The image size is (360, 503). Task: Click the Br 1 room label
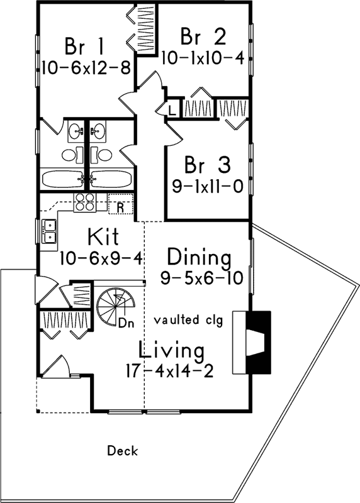coord(84,47)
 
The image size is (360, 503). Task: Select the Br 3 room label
coord(207,165)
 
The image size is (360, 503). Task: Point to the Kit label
coord(104,238)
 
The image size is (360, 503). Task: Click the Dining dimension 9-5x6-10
coord(199,277)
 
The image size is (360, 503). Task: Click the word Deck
coord(122,451)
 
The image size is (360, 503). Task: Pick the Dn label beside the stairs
coord(127,323)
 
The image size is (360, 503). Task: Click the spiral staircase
coord(115,306)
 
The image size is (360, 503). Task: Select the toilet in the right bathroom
coord(103,155)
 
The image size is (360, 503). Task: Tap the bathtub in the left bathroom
coord(63,179)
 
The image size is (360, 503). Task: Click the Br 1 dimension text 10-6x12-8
coord(86,67)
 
